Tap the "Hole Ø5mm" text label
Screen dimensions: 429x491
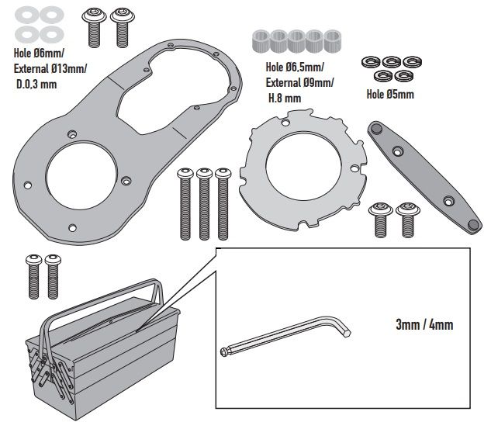389,95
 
